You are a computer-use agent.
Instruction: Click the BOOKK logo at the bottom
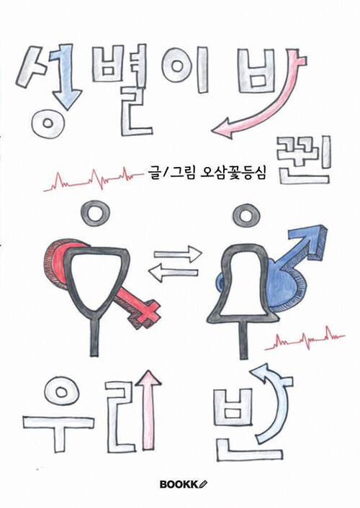pyautogui.click(x=184, y=484)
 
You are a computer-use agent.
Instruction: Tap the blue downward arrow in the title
pyautogui.click(x=68, y=78)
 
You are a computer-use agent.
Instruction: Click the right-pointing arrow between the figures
pyautogui.click(x=178, y=254)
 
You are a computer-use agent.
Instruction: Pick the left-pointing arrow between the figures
pyautogui.click(x=173, y=273)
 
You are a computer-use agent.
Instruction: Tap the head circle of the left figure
pyautogui.click(x=95, y=213)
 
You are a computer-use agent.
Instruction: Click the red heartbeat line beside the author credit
pyautogui.click(x=94, y=179)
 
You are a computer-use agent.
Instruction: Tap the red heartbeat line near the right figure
pyautogui.click(x=305, y=339)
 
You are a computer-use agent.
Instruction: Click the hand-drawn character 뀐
pyautogui.click(x=303, y=160)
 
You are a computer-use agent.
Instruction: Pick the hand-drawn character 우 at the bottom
pyautogui.click(x=59, y=414)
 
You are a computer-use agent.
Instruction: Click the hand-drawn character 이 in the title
pyautogui.click(x=186, y=69)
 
